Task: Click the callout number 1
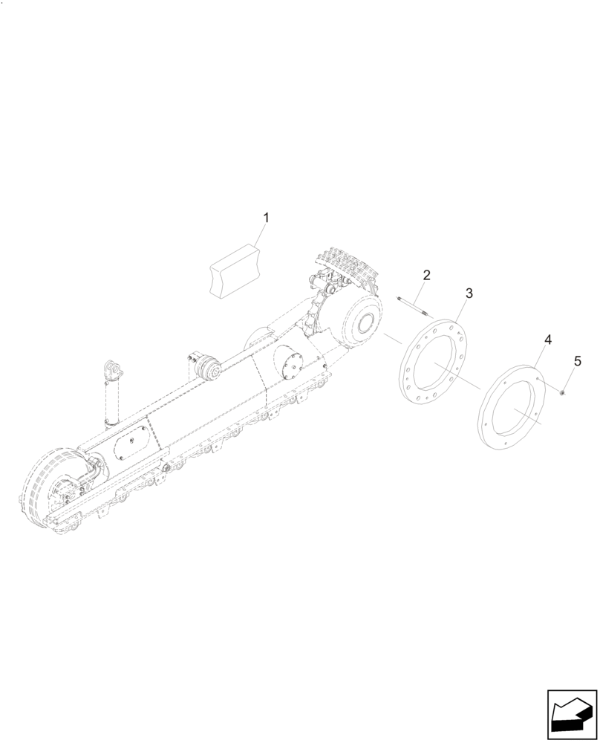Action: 267,218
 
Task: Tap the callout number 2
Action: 425,275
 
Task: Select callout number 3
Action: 469,293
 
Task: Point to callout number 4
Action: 547,340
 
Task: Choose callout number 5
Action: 577,361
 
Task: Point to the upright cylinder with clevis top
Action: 111,394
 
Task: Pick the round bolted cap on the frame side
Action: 291,366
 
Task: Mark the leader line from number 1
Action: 260,235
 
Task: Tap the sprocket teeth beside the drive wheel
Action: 315,312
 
